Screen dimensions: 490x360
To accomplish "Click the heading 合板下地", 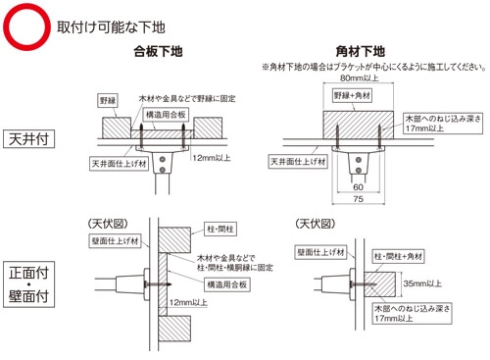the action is (x=158, y=51).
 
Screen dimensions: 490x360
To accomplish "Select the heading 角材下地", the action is (x=361, y=51).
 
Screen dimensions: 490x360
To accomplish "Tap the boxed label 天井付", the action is (x=28, y=139).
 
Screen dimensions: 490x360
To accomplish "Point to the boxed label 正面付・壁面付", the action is (x=28, y=284).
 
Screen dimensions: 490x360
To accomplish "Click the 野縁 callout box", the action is (x=108, y=101).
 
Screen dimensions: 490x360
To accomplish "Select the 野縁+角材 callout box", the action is (x=352, y=95).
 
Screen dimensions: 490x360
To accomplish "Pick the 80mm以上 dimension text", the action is (x=359, y=77).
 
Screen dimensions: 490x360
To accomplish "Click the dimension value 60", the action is (x=359, y=187).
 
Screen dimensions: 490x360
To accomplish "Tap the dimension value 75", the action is (x=359, y=199).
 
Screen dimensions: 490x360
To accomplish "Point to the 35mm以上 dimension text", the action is (x=422, y=283).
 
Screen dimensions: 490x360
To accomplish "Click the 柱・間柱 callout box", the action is (x=220, y=229).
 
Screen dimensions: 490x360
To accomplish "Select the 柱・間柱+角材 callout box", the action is (x=398, y=256).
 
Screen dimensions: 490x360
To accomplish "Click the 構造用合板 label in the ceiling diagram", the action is (x=166, y=115).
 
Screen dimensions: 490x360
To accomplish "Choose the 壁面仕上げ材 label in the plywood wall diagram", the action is (x=115, y=241).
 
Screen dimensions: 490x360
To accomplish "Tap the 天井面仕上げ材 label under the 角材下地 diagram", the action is (x=298, y=162).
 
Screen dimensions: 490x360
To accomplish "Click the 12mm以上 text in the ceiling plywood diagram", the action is (x=212, y=158).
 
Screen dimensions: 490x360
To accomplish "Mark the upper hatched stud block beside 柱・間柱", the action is (x=174, y=240).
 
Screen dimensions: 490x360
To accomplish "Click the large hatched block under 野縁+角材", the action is (x=359, y=126).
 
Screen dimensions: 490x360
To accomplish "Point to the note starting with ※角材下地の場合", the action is (x=373, y=67).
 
